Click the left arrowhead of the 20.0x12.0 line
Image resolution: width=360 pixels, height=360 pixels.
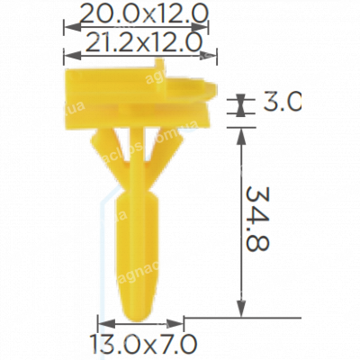click(67, 26)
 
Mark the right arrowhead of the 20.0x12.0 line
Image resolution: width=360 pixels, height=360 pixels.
click(204, 26)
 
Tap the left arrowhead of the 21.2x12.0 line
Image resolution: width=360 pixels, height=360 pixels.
click(67, 54)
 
